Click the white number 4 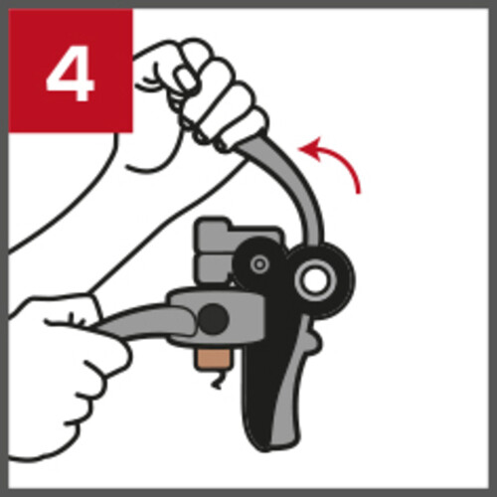pos(71,73)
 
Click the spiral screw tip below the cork pos(217,381)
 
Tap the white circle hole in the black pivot pos(315,280)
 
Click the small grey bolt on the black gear pos(260,264)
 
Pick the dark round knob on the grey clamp pos(215,319)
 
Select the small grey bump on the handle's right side pos(315,341)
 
